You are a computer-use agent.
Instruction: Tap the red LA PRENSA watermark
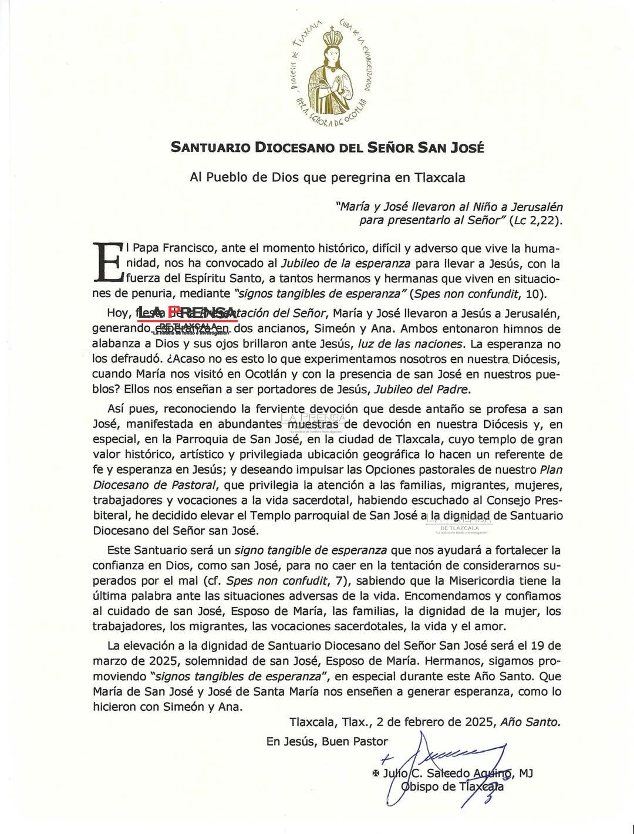[x=187, y=313]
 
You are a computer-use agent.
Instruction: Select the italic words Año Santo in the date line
[x=530, y=722]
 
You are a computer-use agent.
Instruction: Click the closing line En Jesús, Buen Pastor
[x=327, y=742]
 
